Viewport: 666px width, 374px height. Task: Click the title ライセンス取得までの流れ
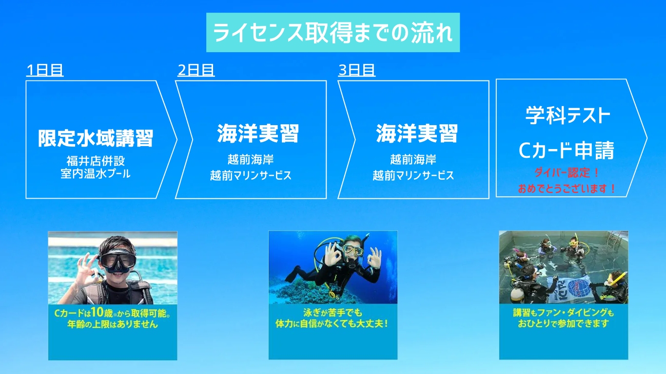(333, 32)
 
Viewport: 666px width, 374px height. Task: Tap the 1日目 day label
(45, 70)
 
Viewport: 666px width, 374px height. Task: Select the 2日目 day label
(196, 70)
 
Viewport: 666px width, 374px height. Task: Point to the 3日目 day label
(357, 70)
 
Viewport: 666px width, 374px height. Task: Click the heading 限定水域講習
(96, 138)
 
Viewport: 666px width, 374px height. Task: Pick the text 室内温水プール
(96, 174)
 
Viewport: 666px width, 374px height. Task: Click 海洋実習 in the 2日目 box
(258, 133)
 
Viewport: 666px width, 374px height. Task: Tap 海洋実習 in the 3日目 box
(417, 133)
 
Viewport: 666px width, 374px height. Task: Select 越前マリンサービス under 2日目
(251, 175)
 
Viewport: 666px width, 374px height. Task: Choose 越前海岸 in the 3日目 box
(413, 160)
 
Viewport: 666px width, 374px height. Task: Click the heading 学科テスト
(568, 115)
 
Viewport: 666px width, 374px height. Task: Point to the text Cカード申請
(567, 150)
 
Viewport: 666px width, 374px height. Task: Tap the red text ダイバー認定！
(567, 172)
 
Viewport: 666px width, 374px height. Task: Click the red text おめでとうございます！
(567, 188)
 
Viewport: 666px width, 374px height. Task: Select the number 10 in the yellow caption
(97, 312)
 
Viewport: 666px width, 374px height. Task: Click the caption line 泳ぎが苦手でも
(333, 313)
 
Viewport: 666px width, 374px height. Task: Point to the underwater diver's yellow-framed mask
(353, 250)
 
